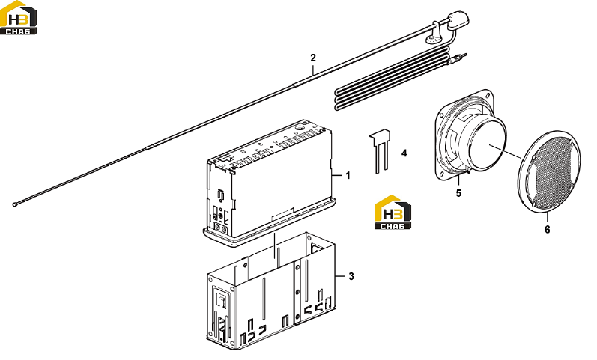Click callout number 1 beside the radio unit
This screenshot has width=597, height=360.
click(348, 175)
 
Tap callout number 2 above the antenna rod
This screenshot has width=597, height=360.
click(313, 58)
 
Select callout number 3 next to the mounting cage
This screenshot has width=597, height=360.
click(351, 276)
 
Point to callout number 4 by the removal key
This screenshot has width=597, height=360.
click(404, 153)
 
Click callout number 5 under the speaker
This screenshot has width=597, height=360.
click(458, 193)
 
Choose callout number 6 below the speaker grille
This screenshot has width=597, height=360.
click(547, 230)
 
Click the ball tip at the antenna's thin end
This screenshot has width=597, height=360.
click(15, 205)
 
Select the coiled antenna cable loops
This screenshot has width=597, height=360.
click(393, 80)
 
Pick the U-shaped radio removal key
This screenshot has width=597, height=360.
click(381, 150)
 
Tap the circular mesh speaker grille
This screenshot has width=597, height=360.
click(549, 171)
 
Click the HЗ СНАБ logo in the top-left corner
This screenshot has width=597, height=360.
click(18, 18)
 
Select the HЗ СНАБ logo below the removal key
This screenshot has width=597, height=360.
click(393, 213)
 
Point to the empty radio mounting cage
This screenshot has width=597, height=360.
click(271, 291)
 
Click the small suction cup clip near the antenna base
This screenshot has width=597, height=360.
click(432, 38)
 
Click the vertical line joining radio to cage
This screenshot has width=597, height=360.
click(275, 246)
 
